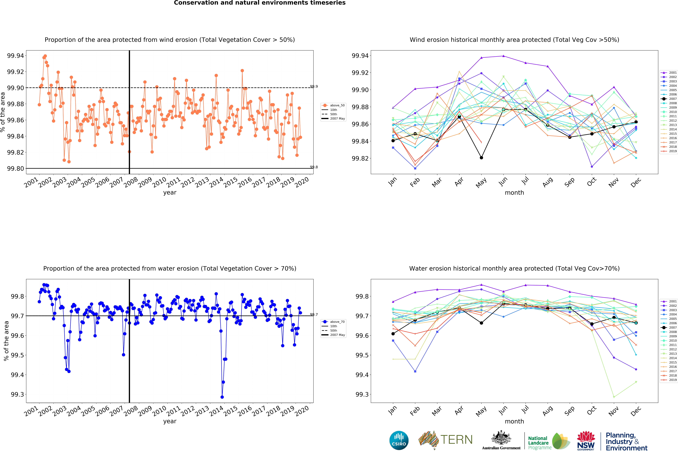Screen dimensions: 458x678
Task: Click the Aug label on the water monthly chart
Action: pos(548,411)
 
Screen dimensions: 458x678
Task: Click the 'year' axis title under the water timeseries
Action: pos(170,421)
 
